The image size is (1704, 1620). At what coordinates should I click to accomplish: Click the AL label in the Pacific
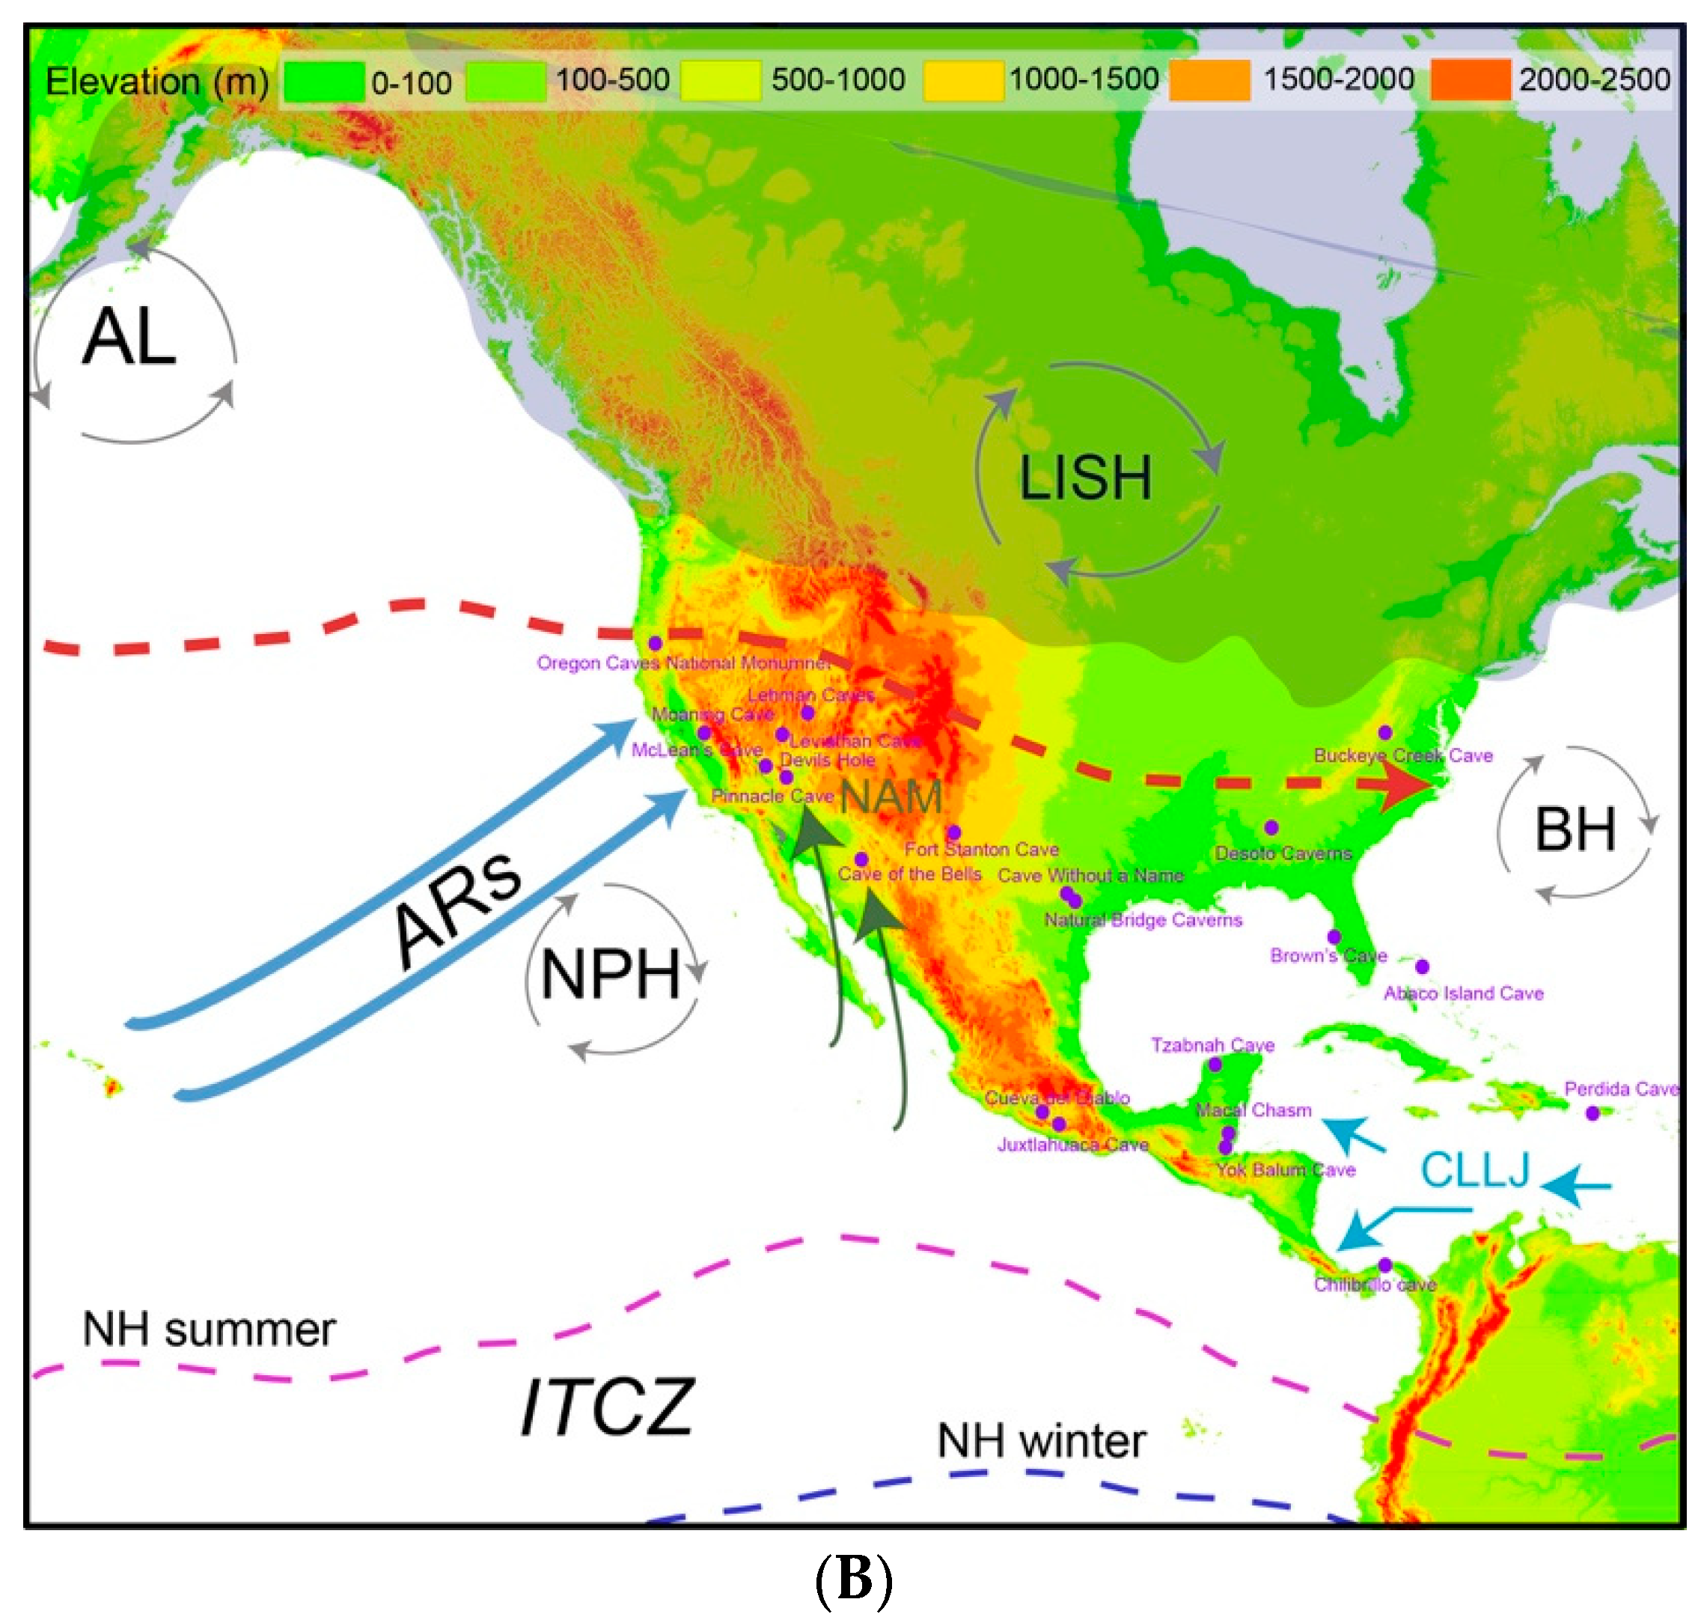click(129, 338)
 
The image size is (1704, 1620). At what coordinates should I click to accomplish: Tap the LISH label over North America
click(1085, 478)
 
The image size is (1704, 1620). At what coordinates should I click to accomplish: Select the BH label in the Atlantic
click(1575, 830)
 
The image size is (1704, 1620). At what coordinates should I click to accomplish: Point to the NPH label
click(611, 975)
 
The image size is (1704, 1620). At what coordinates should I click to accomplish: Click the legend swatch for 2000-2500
click(1469, 81)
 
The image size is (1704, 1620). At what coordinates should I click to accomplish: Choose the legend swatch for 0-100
click(324, 83)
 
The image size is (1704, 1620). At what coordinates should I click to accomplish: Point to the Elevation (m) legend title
click(157, 83)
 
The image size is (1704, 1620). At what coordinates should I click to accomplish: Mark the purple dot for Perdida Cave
click(1592, 1114)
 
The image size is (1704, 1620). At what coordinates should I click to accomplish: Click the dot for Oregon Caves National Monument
click(656, 643)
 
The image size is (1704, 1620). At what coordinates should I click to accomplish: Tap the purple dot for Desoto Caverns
click(1271, 828)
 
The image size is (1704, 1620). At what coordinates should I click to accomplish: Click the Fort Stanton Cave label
click(982, 850)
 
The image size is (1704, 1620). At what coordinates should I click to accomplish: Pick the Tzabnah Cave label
click(1212, 1046)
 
